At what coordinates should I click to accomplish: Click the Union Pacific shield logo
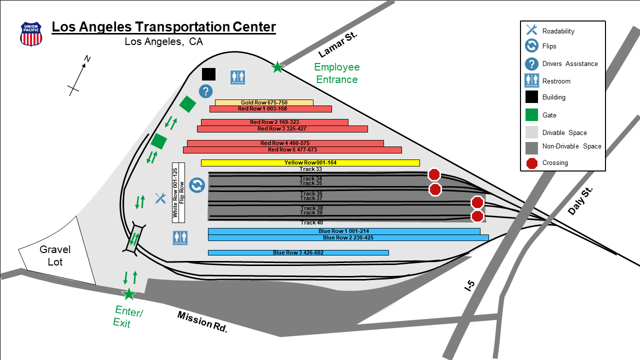pos(31,34)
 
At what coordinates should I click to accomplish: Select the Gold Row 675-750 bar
pos(264,102)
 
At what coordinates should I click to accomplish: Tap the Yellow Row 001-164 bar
pos(310,163)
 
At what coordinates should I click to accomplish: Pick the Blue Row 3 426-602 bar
pos(298,252)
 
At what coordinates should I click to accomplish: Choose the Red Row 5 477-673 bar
pos(292,150)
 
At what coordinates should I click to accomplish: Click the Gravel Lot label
pos(55,255)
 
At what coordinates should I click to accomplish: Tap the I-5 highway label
pos(470,285)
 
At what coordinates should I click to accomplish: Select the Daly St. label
pos(580,201)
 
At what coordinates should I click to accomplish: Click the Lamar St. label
pos(337,44)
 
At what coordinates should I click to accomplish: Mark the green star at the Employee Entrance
pos(277,67)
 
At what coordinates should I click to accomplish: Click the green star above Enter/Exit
pos(129,294)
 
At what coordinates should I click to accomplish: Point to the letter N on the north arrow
pos(87,59)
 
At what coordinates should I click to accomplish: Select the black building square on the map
pos(209,74)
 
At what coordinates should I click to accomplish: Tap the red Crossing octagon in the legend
pos(531,163)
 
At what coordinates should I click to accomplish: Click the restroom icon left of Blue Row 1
pos(180,238)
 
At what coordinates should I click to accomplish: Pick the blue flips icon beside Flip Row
pos(197,185)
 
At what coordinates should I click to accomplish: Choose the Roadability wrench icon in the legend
pos(531,29)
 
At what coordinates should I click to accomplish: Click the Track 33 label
pos(310,169)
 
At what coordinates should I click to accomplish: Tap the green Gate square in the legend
pos(531,115)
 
